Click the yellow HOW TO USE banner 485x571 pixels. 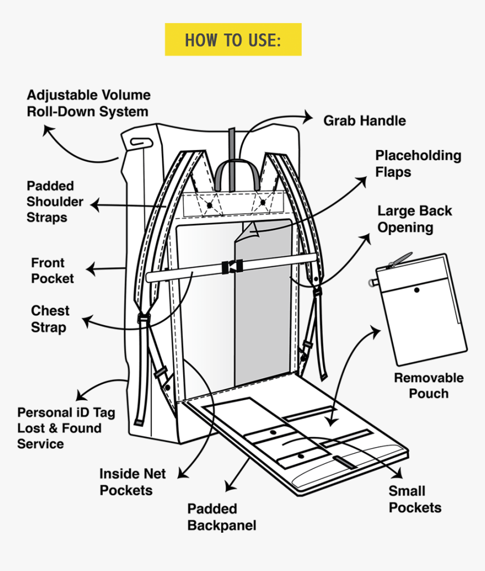(233, 39)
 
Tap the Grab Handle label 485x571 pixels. (364, 121)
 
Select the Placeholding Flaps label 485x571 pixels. (418, 163)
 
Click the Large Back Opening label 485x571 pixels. (415, 219)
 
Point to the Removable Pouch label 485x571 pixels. (429, 386)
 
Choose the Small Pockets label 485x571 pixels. (415, 499)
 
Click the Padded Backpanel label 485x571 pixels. (222, 517)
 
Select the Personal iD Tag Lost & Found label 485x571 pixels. (65, 428)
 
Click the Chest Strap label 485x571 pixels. (50, 319)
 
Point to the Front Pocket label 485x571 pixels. (52, 271)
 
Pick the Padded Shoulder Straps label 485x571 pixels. (55, 201)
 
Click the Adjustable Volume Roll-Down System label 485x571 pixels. (88, 103)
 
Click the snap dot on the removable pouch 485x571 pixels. (416, 290)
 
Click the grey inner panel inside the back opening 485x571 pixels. (262, 327)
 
